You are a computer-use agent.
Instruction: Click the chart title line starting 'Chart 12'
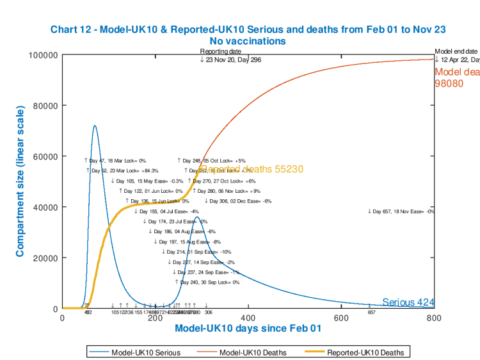pyautogui.click(x=247, y=29)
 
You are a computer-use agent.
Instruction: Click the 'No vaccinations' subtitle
pyautogui.click(x=247, y=41)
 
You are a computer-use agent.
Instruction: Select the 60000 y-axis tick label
pyautogui.click(x=45, y=156)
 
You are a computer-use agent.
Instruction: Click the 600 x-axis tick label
pyautogui.click(x=341, y=318)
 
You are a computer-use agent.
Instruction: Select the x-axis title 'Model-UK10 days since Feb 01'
pyautogui.click(x=248, y=329)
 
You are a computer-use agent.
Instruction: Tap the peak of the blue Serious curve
pyautogui.click(x=95, y=126)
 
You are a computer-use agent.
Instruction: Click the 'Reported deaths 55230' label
pyautogui.click(x=251, y=169)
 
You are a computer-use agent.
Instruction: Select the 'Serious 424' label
pyautogui.click(x=408, y=302)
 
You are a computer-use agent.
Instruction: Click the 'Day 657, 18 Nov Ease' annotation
pyautogui.click(x=401, y=211)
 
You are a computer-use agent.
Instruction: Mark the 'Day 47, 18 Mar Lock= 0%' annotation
pyautogui.click(x=115, y=160)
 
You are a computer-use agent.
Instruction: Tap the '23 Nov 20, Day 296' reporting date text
pyautogui.click(x=230, y=60)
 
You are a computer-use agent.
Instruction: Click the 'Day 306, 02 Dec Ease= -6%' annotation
pyautogui.click(x=238, y=201)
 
